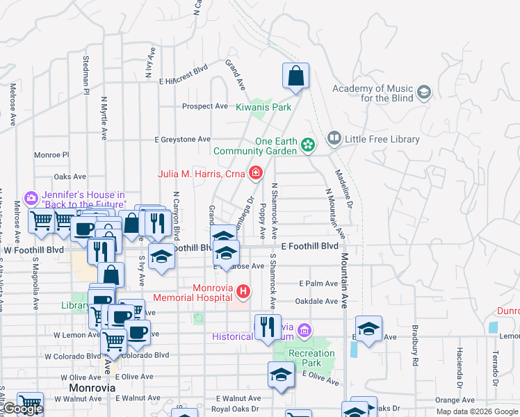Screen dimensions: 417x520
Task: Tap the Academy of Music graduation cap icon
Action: click(x=423, y=92)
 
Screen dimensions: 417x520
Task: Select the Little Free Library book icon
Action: click(x=334, y=139)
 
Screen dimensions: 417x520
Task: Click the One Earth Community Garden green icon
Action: click(x=307, y=145)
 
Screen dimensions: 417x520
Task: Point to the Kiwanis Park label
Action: click(x=263, y=107)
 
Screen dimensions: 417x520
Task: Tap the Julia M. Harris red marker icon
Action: click(x=256, y=173)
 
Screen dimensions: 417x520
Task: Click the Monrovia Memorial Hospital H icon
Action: click(x=243, y=291)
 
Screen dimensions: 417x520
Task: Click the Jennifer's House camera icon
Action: click(x=31, y=199)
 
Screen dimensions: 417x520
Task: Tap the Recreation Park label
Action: click(x=311, y=358)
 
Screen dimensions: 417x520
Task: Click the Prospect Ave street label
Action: click(x=205, y=106)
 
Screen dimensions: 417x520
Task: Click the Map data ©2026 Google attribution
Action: click(x=477, y=411)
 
